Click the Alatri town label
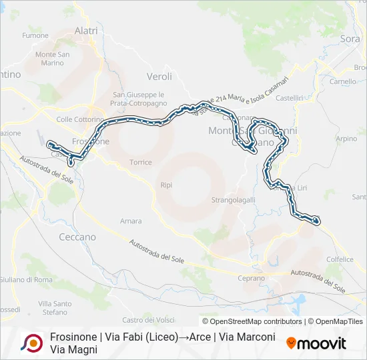click(86, 31)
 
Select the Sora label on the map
click(350, 39)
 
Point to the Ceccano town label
click(77, 237)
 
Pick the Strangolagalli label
click(234, 199)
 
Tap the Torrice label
click(141, 163)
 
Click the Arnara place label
click(131, 221)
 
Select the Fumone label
click(35, 36)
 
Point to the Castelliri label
click(290, 98)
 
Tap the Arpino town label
click(346, 139)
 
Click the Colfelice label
click(340, 260)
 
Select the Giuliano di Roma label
click(26, 279)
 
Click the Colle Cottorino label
click(80, 119)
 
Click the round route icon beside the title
click(31, 343)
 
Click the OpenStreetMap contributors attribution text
click(252, 321)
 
